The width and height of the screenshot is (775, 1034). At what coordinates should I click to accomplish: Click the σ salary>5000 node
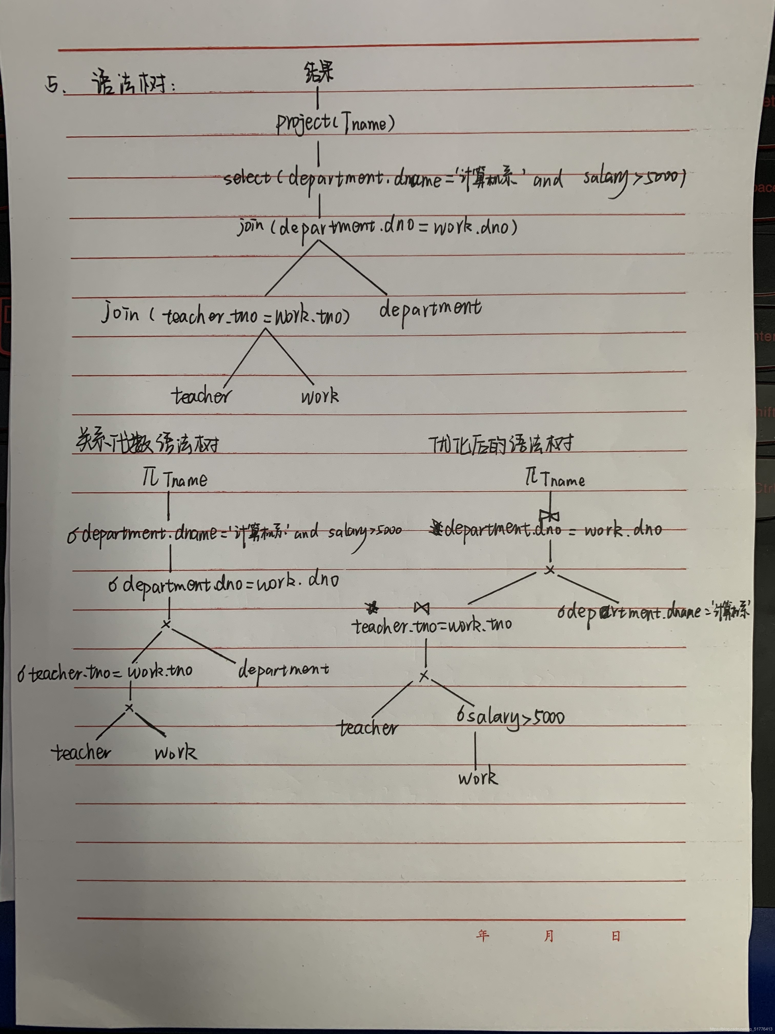[x=510, y=717]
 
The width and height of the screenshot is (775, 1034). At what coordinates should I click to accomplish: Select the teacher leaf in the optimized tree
[x=369, y=728]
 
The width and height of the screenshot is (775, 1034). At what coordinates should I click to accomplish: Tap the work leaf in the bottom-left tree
[x=176, y=752]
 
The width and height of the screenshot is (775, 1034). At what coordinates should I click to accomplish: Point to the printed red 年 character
[x=483, y=935]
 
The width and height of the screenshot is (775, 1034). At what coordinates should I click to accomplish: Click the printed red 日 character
[x=616, y=936]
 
